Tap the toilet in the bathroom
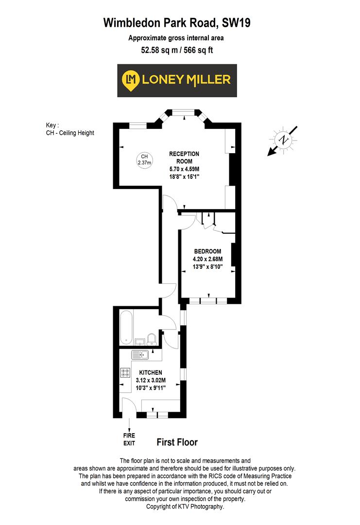point(152,338)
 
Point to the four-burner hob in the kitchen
point(125,373)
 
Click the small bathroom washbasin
point(138,341)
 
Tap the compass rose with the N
point(283,140)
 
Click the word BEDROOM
point(207,251)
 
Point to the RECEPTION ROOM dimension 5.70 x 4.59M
point(184,169)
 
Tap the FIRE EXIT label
point(129,439)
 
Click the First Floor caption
point(177,442)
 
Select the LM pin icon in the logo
point(130,80)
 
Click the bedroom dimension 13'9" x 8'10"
point(207,267)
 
